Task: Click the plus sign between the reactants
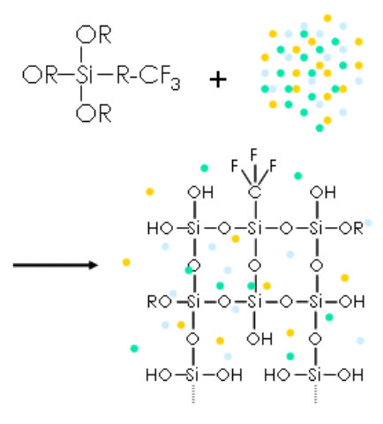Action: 218,79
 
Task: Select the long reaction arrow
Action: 56,265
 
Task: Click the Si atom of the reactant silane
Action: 84,74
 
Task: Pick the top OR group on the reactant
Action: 94,35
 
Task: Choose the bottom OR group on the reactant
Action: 94,113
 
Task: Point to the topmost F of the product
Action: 253,155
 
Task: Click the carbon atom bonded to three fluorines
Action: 254,193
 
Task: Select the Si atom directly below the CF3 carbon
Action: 254,228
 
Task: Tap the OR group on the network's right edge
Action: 351,228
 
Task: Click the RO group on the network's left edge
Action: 160,302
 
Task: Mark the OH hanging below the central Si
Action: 259,339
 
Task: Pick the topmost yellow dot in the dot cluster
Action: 327,19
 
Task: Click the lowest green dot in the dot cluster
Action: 319,128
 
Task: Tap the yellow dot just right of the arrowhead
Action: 126,262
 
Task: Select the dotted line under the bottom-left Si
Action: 193,393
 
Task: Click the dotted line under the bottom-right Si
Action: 316,393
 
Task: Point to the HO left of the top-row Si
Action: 160,228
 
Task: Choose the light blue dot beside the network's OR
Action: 368,223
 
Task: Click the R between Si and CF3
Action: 123,75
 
